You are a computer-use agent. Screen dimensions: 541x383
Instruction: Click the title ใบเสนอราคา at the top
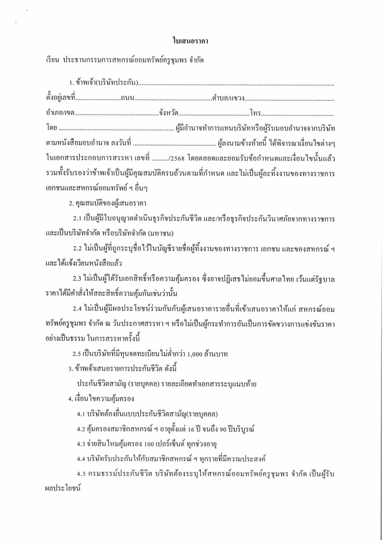point(190,41)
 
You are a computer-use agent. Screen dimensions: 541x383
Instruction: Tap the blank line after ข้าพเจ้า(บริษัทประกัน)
point(236,84)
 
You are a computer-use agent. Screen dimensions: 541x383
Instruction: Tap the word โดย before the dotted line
point(52,128)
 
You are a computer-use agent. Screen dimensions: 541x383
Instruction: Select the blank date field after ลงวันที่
point(174,144)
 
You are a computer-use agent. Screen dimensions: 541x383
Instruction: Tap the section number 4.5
point(81,474)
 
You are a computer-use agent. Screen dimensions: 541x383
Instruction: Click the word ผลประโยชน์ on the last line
point(64,489)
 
